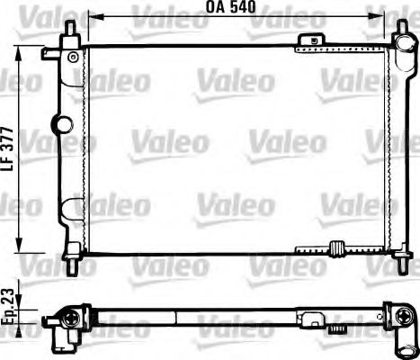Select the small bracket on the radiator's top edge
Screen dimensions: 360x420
(313, 39)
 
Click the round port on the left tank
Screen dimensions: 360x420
(63, 123)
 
